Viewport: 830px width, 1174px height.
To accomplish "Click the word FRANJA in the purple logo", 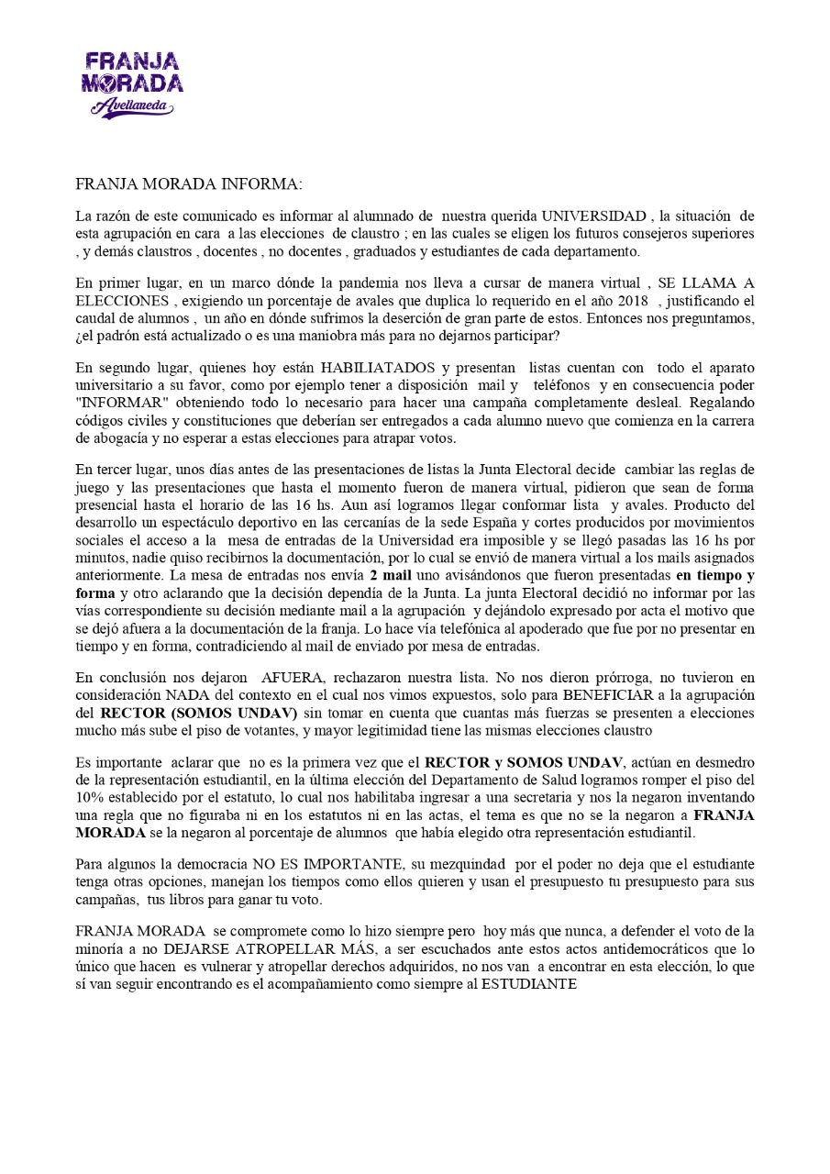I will pos(132,62).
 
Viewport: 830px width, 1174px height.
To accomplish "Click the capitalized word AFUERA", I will pos(284,679).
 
